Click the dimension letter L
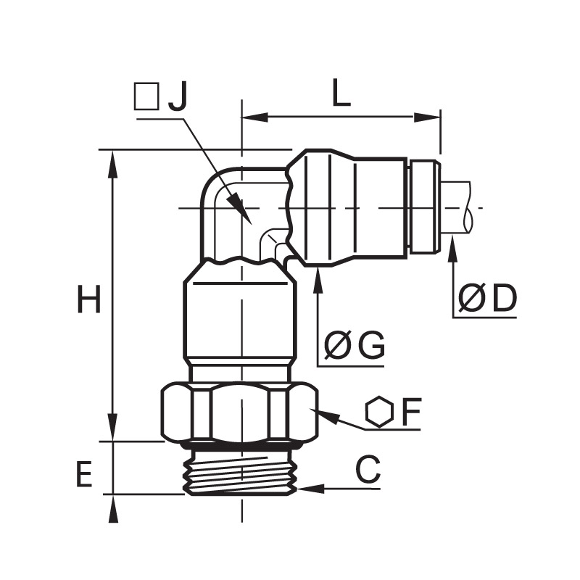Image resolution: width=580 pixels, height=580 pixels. click(x=341, y=93)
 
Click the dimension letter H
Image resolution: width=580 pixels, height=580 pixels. click(x=88, y=299)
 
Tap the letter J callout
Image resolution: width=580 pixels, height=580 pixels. click(x=178, y=96)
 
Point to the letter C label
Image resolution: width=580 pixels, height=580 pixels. click(x=368, y=470)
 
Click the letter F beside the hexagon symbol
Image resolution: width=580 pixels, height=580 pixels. click(x=411, y=412)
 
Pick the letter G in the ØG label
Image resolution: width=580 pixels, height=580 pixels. click(x=373, y=346)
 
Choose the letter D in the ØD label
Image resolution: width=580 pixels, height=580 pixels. click(x=504, y=298)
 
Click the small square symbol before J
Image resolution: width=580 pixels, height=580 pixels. click(x=147, y=96)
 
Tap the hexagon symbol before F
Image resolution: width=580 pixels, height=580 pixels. click(x=378, y=412)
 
